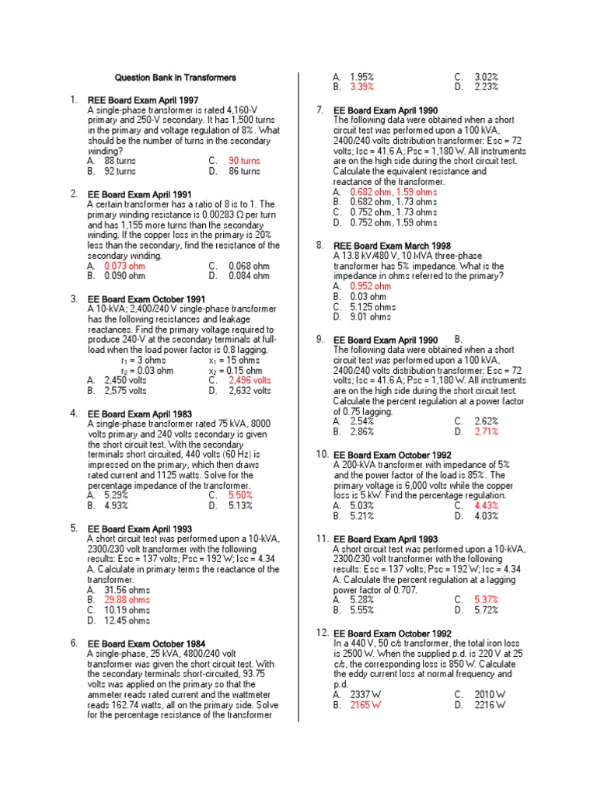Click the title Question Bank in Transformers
coord(175,78)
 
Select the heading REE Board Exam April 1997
coord(143,100)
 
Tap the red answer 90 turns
coord(244,161)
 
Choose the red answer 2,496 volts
coord(250,380)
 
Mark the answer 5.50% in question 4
coord(241,495)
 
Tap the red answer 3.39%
coord(361,87)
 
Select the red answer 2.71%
coord(486,431)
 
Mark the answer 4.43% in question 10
coord(486,505)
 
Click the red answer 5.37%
coord(486,600)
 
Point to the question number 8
coord(319,245)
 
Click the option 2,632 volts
coord(250,390)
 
